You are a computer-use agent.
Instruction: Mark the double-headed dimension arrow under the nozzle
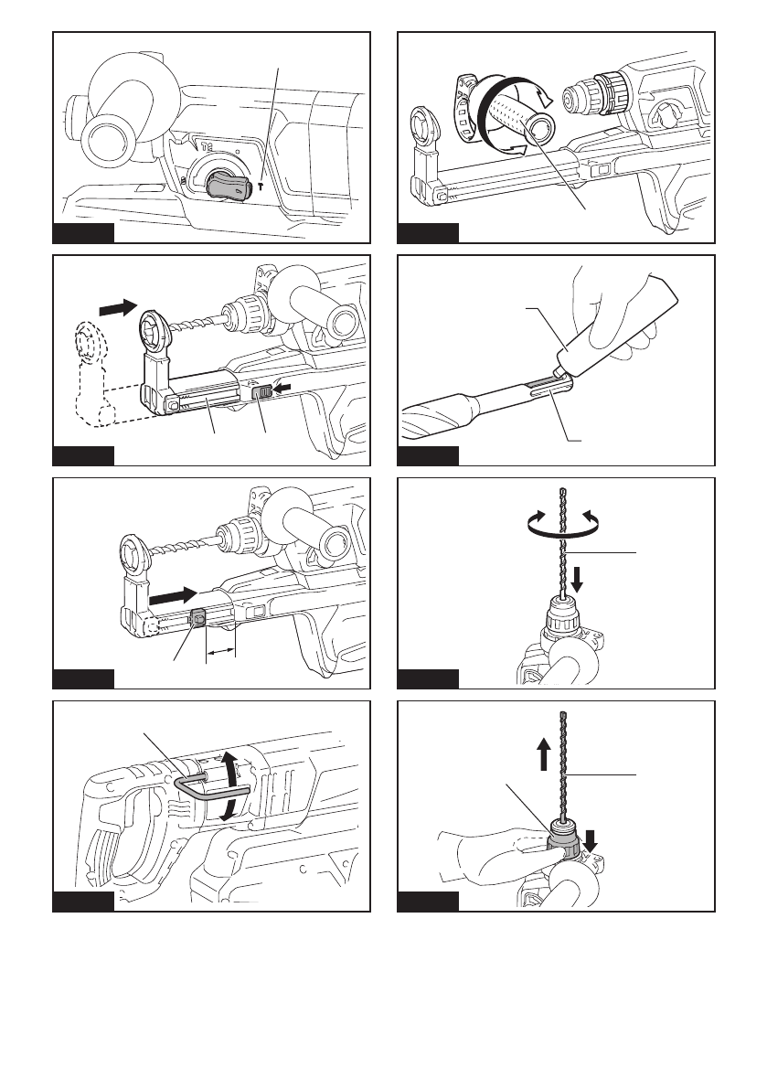coord(220,651)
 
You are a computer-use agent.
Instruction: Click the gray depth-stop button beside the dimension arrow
coord(197,619)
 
